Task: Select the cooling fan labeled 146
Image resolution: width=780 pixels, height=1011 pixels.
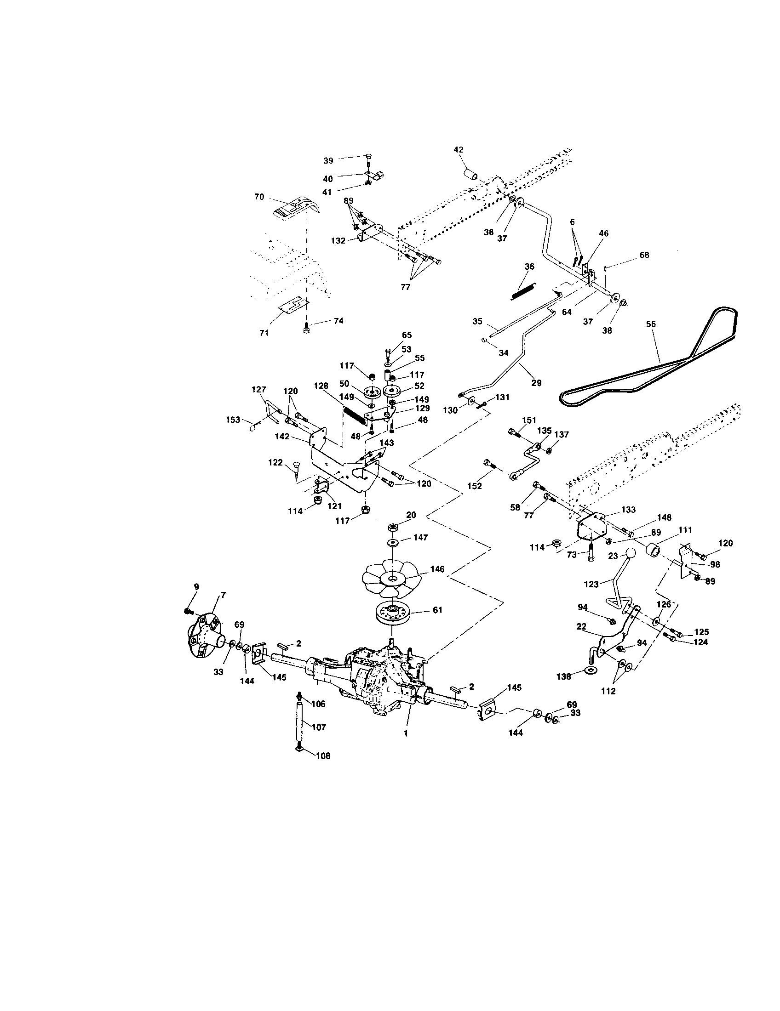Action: click(x=391, y=578)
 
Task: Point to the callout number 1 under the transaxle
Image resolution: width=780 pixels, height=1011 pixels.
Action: click(x=406, y=733)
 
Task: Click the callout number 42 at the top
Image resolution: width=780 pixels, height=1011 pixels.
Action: click(x=459, y=150)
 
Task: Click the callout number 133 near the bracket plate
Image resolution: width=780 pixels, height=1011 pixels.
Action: click(x=628, y=510)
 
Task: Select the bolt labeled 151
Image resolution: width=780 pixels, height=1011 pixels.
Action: click(x=514, y=433)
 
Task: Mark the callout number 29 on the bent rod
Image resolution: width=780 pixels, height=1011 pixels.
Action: click(x=536, y=383)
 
